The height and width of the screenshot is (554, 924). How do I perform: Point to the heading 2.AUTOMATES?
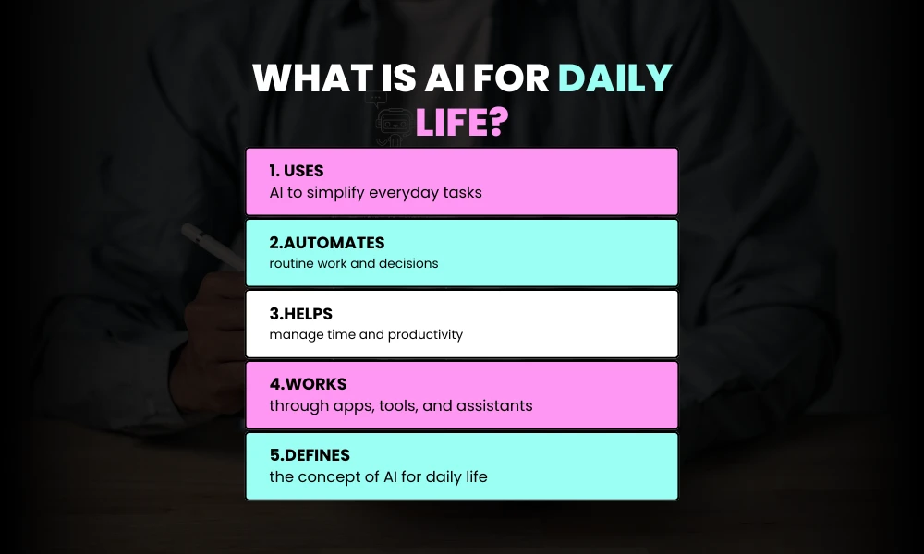point(327,242)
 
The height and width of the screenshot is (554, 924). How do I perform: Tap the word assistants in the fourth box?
point(498,405)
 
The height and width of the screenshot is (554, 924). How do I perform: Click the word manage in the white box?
point(293,334)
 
